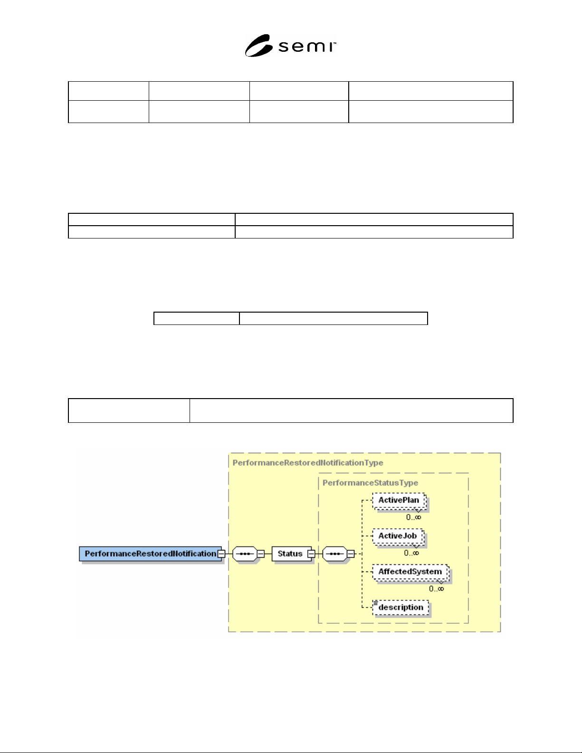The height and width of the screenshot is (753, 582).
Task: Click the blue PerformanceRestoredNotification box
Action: (x=150, y=553)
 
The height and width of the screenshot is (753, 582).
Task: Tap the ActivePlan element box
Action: (x=399, y=500)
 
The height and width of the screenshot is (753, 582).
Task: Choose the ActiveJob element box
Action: (x=398, y=536)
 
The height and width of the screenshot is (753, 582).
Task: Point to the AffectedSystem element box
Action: (x=410, y=572)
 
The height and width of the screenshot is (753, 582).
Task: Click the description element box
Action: (x=401, y=608)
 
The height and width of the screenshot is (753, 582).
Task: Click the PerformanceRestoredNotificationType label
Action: (x=308, y=463)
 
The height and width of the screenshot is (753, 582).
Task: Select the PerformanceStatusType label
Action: (x=370, y=483)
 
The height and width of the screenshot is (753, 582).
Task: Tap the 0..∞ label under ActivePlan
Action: (x=414, y=517)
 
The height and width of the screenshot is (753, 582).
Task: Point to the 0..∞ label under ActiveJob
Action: (x=411, y=553)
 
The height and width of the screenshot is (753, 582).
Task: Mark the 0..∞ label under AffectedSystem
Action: (x=437, y=589)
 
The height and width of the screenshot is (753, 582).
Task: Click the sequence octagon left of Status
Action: (x=245, y=554)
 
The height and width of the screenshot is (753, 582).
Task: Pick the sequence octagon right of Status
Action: (x=334, y=554)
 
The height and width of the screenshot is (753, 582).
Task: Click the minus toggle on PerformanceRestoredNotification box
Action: (x=221, y=554)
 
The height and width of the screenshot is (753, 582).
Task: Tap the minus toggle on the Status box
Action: (x=311, y=554)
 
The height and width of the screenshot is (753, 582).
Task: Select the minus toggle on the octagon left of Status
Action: (x=261, y=554)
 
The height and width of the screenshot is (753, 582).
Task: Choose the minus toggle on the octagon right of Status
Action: (x=351, y=554)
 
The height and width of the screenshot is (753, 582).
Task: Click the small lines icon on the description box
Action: (x=375, y=602)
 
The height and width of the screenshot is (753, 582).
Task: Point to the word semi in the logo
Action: (x=307, y=47)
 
